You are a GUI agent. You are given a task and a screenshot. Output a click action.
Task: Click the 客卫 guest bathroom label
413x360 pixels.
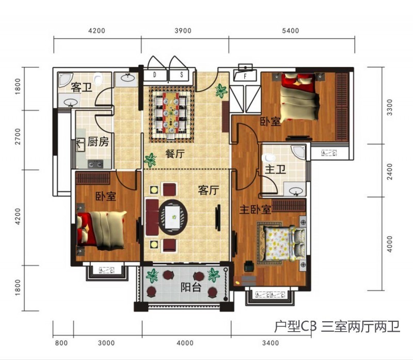(x=82, y=87)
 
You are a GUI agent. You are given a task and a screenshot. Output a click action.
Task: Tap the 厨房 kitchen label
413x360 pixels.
(x=98, y=142)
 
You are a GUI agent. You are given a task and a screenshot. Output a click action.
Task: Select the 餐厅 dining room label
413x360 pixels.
(x=175, y=153)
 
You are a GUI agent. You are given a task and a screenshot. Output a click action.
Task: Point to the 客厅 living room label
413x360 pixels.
(x=209, y=190)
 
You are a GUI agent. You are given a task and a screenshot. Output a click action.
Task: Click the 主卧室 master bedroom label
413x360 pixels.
(x=255, y=210)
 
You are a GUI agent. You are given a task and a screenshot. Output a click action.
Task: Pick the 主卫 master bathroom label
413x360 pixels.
(x=275, y=169)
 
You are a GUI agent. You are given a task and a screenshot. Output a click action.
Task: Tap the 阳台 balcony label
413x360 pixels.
(x=191, y=287)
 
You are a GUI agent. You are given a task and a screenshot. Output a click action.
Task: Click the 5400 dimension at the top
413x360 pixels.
(x=291, y=31)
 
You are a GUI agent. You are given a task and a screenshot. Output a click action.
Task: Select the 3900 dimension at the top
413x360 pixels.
(x=183, y=31)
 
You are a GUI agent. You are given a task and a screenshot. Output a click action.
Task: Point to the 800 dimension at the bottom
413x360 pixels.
(x=61, y=343)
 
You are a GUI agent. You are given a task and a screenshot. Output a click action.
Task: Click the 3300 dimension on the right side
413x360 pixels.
(x=389, y=107)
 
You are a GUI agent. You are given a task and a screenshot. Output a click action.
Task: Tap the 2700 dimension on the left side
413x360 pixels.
(x=18, y=136)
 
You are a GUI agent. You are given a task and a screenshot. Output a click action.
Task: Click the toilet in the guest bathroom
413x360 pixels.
(x=98, y=79)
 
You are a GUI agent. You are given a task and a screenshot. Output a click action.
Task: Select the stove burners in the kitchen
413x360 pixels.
(x=96, y=164)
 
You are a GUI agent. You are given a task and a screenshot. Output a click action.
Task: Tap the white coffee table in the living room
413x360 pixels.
(x=172, y=217)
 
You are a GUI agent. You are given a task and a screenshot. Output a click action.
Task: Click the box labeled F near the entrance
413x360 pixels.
(x=245, y=75)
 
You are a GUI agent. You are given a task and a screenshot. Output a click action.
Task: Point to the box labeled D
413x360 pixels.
(x=154, y=75)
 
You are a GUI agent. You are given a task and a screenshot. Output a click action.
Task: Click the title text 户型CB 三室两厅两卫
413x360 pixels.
(x=337, y=327)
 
